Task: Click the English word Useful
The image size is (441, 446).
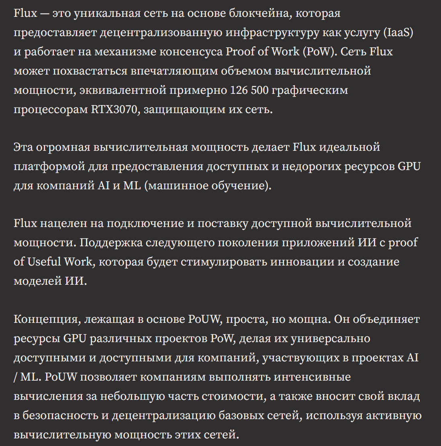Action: coord(44,262)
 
